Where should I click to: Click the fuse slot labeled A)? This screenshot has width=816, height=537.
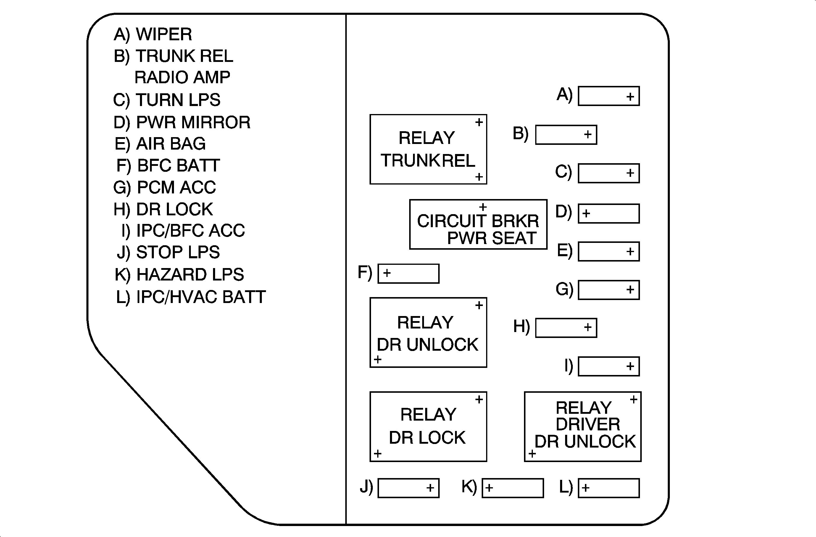609,96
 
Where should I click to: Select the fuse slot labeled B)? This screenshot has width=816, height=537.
566,134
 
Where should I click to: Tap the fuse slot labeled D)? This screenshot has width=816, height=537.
609,214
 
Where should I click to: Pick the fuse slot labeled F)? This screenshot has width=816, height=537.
408,273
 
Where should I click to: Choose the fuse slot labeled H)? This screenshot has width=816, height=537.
566,328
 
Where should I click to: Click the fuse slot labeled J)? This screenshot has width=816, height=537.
408,488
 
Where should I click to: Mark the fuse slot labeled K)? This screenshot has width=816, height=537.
512,488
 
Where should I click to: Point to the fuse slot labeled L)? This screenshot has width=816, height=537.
609,488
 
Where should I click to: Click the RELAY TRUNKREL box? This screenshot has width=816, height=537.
428,149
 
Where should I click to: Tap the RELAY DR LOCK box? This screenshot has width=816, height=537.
428,427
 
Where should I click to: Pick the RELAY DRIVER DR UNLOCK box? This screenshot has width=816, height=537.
583,427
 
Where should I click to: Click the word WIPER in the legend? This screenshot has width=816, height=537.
164,34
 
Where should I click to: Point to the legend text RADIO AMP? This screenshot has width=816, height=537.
182,77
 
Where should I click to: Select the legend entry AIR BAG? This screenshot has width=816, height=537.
171,143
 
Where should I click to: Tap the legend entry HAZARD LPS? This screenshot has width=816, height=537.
190,275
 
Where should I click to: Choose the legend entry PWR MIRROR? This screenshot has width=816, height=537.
193,122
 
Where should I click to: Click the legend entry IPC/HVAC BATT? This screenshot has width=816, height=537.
201,297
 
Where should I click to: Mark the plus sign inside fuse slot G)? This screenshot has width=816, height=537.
630,290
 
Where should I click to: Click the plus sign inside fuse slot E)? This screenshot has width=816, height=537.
630,251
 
